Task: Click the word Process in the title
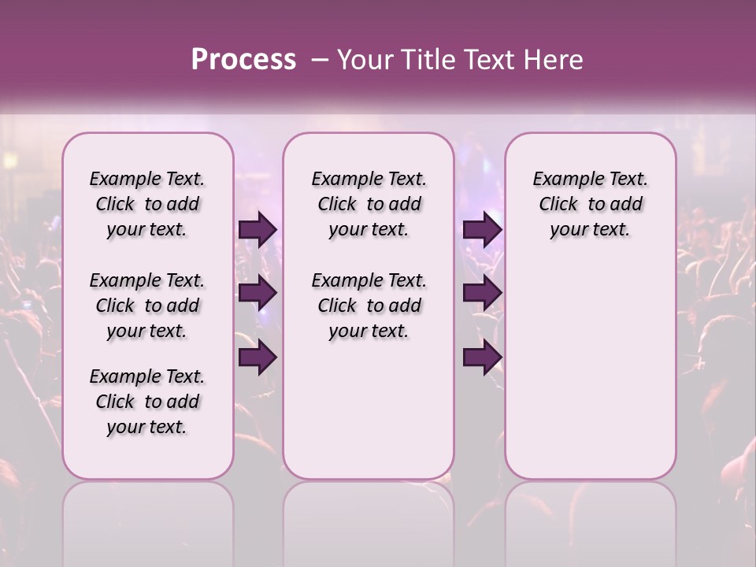pos(243,59)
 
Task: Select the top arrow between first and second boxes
pos(258,229)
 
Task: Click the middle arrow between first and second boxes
pos(258,294)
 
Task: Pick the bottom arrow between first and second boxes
pos(258,358)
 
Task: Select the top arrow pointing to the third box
pos(482,229)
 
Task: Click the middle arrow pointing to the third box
pos(482,294)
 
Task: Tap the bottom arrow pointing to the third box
pos(482,358)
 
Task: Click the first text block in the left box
pos(147,204)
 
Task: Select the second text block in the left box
pos(147,306)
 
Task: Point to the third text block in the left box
pos(147,402)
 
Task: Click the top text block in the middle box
pos(369,204)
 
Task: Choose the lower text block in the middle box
pos(369,306)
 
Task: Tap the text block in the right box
pos(590,204)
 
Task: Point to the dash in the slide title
pos(320,59)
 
